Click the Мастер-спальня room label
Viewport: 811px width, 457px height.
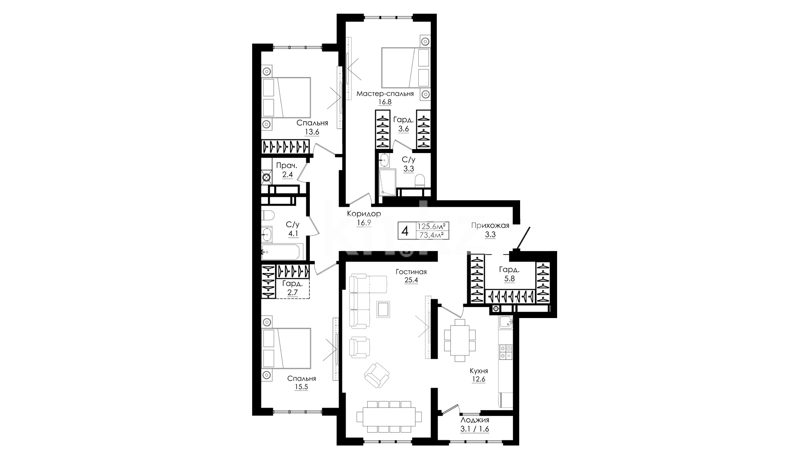(385, 94)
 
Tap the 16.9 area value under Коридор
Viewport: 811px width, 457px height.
(364, 223)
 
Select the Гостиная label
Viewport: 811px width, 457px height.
(411, 272)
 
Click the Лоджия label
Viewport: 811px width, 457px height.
(474, 420)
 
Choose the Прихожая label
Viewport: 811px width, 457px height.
(490, 225)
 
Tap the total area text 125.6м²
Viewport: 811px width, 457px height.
(433, 225)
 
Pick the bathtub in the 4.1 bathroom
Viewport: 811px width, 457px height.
(281, 252)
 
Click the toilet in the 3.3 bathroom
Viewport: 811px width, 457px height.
(420, 180)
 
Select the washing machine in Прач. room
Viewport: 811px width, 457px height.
(266, 178)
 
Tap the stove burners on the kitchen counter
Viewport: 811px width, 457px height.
(505, 352)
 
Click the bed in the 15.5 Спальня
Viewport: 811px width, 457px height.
(286, 348)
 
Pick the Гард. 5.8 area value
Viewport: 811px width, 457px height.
(510, 279)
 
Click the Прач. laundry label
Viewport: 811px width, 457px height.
(286, 166)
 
